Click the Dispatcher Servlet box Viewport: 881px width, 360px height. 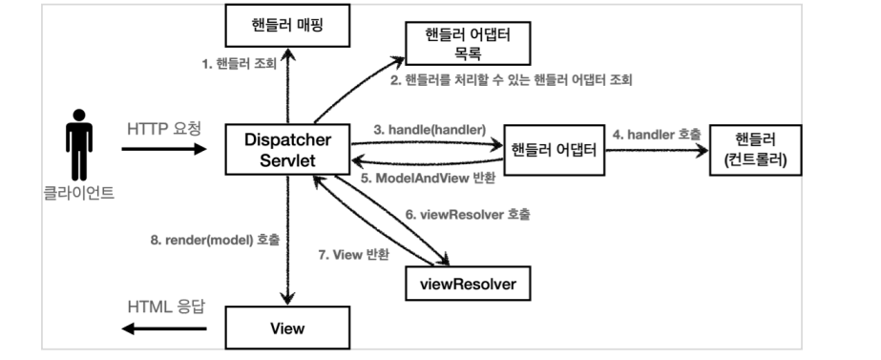(286, 148)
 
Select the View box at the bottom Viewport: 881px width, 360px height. (286, 328)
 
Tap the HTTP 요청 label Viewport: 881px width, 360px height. (164, 128)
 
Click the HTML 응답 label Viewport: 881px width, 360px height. (164, 308)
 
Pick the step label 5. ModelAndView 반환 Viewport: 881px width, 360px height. (426, 179)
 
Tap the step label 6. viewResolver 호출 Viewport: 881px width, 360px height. (468, 215)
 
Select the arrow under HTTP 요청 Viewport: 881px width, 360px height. (164, 149)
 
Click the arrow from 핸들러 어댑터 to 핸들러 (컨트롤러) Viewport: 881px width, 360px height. (657, 150)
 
